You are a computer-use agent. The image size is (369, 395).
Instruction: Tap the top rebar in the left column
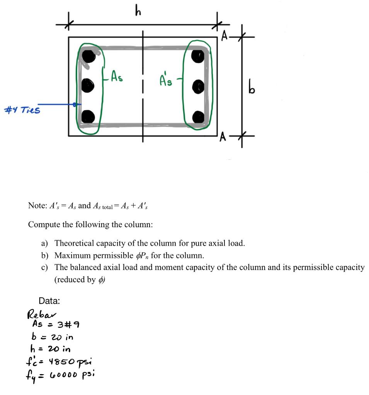click(88, 56)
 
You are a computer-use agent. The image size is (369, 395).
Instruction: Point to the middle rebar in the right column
click(198, 85)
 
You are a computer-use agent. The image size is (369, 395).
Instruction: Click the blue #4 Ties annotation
click(22, 110)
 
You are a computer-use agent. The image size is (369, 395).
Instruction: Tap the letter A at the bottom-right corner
click(223, 138)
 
